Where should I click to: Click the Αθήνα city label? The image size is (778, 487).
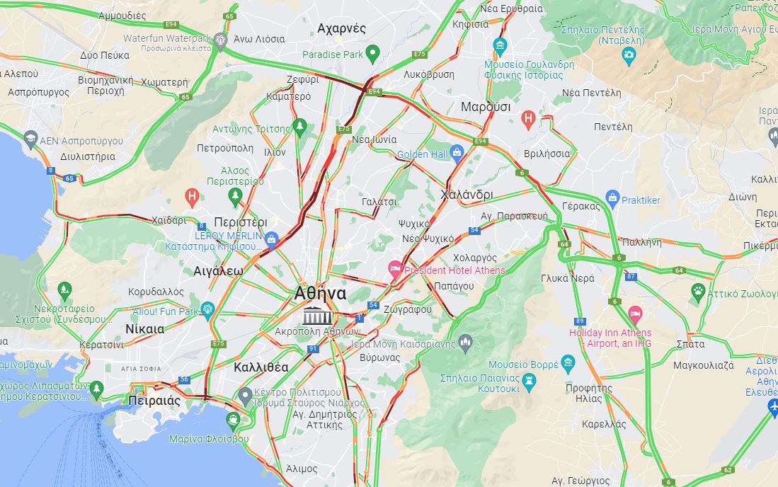[320, 293]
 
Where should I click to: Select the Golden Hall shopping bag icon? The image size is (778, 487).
[457, 151]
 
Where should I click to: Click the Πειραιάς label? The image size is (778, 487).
[154, 401]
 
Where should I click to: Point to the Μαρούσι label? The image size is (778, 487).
[486, 107]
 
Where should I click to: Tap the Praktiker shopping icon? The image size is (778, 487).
[612, 199]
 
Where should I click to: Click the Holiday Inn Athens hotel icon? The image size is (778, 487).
[635, 313]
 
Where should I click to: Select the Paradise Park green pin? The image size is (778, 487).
[373, 52]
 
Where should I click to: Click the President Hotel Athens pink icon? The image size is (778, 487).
[395, 268]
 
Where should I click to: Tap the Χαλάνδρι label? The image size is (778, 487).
[467, 195]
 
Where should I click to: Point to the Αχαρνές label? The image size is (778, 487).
[342, 28]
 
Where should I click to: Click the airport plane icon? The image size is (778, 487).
[773, 406]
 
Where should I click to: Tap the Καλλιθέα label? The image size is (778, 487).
[261, 367]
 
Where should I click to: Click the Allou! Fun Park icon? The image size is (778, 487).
[207, 309]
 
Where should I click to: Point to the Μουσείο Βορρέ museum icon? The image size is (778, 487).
[568, 364]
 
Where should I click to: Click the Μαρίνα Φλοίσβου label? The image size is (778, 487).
[209, 439]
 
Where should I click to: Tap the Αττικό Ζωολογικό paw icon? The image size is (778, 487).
[698, 290]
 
